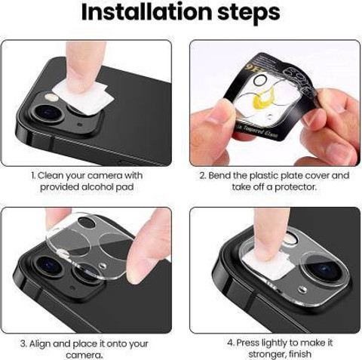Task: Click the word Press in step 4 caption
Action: (x=250, y=343)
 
